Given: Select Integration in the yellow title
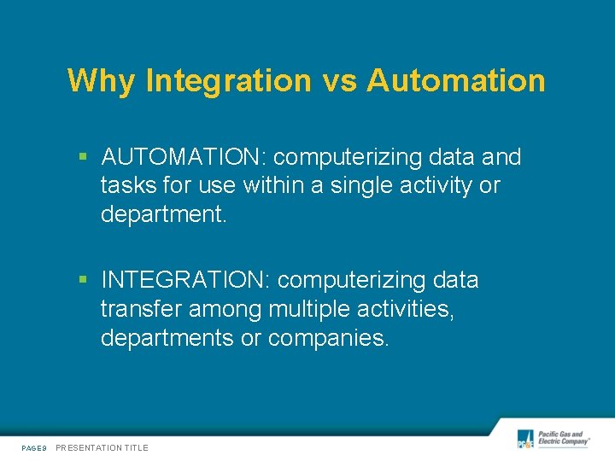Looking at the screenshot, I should (229, 81).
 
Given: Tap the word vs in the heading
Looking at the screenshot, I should (339, 81).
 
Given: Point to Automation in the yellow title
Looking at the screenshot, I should (456, 81).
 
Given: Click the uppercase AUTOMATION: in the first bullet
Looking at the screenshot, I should (184, 158).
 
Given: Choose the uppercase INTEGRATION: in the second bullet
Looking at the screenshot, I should (186, 280).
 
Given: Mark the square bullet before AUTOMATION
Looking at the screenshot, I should (83, 158).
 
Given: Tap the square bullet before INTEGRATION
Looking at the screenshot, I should (83, 280).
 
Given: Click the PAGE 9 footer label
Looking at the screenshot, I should (34, 447).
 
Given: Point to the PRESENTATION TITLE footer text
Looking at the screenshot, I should (102, 447).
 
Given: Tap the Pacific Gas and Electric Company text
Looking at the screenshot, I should (563, 439).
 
